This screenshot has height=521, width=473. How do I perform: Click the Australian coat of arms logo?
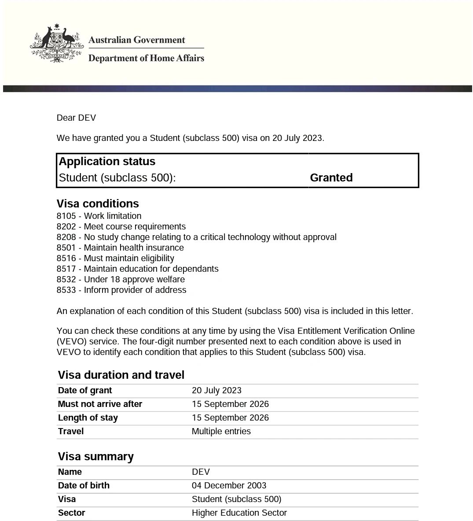click(56, 44)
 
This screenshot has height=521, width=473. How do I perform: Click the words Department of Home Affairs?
click(146, 58)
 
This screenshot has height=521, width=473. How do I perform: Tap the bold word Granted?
click(331, 177)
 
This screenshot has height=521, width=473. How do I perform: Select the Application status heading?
click(107, 162)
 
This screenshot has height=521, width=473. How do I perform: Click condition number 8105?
click(66, 216)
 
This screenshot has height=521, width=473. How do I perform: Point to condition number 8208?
click(66, 237)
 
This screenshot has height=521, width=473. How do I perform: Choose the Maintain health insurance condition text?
click(134, 248)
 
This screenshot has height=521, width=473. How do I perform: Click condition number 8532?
click(66, 280)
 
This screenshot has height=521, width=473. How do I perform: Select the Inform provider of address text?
click(135, 290)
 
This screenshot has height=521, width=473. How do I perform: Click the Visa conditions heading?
click(98, 204)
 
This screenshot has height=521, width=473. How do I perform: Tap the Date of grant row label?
click(85, 391)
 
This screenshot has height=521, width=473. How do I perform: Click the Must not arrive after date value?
click(230, 404)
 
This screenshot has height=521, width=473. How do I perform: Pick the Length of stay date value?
click(230, 418)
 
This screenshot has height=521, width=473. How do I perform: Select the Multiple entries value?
click(221, 432)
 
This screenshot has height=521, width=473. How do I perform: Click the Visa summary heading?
click(95, 457)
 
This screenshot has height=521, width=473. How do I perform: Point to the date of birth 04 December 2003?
click(229, 486)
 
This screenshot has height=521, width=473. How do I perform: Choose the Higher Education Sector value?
click(239, 513)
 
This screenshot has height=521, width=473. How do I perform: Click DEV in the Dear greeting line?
click(86, 118)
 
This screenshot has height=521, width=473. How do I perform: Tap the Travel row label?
click(71, 432)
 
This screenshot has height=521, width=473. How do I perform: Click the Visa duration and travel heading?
click(121, 375)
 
